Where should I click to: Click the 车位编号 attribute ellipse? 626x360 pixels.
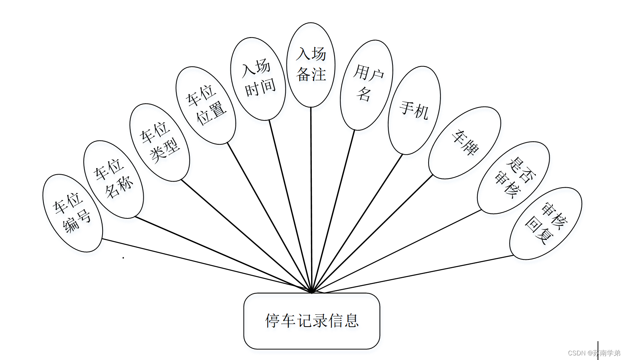click(73, 213)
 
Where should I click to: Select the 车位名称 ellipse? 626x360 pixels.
click(114, 179)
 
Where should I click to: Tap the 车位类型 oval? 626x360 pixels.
click(160, 142)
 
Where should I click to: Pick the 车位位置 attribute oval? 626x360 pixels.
click(206, 106)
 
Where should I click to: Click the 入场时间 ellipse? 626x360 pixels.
click(258, 79)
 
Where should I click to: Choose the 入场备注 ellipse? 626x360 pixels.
click(311, 64)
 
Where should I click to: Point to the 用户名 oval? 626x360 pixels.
click(367, 85)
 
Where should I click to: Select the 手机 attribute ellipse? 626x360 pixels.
click(414, 110)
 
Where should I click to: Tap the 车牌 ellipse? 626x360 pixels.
click(465, 143)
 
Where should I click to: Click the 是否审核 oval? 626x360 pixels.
click(513, 177)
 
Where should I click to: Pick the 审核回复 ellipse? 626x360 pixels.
click(546, 223)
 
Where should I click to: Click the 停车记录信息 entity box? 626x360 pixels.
click(312, 321)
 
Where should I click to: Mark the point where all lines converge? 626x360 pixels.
click(312, 292)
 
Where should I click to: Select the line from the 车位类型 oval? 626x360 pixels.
click(246, 236)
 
